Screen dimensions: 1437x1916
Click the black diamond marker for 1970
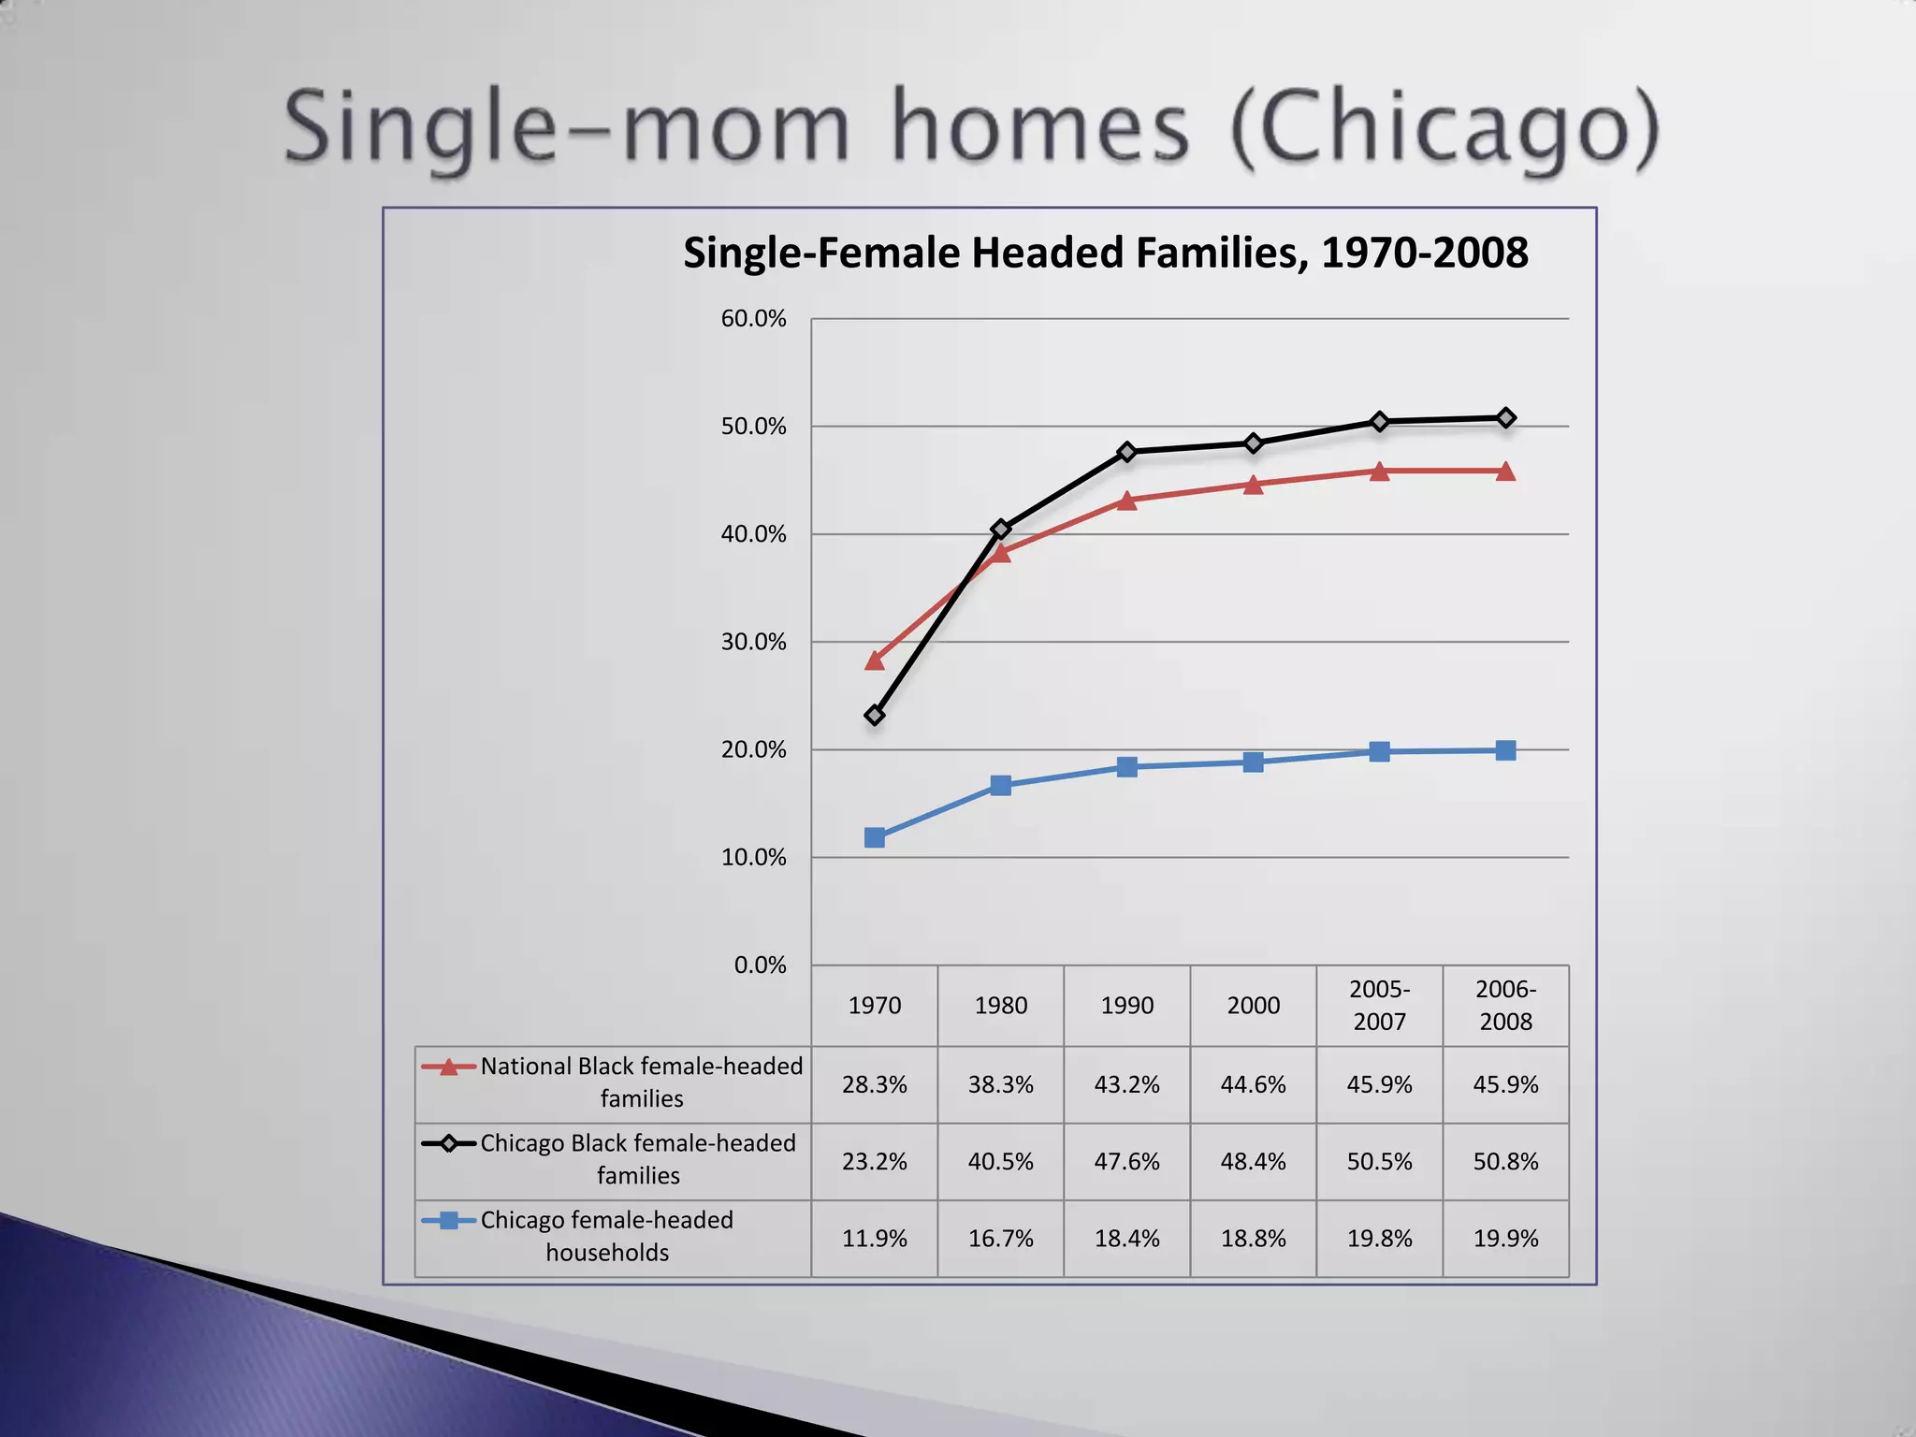tap(875, 716)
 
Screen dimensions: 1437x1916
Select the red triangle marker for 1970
tap(875, 661)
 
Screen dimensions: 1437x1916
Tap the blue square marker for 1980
tap(1001, 785)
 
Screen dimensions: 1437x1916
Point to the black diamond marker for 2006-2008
tap(1506, 418)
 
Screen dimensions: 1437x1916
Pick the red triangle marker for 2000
tap(1254, 485)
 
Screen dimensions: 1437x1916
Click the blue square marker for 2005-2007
tap(1380, 751)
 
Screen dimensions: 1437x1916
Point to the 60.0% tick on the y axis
tap(753, 319)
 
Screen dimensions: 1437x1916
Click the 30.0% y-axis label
tap(753, 642)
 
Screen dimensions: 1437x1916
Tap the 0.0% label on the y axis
tap(760, 965)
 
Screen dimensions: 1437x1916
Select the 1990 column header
tap(1127, 1006)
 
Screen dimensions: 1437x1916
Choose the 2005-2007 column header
tap(1380, 1006)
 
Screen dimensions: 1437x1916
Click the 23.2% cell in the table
tap(875, 1162)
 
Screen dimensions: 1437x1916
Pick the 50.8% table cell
tap(1506, 1162)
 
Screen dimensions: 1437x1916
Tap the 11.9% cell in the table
tap(875, 1239)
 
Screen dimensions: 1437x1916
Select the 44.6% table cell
tap(1254, 1085)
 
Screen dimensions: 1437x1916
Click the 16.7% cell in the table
tap(1001, 1239)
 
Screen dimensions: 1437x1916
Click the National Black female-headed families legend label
tap(642, 1082)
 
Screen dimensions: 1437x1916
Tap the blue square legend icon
tap(449, 1221)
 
